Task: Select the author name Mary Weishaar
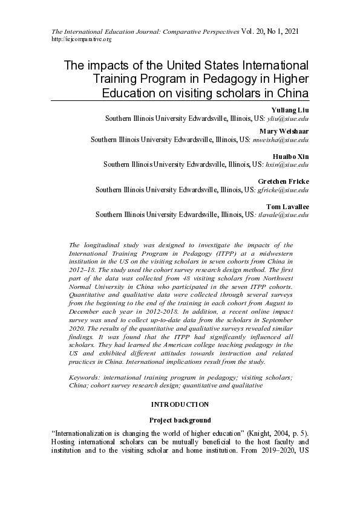(284, 131)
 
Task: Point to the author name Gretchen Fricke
(284, 181)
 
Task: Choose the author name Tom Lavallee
(288, 207)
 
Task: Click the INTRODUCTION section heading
(180, 404)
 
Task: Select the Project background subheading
(180, 420)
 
